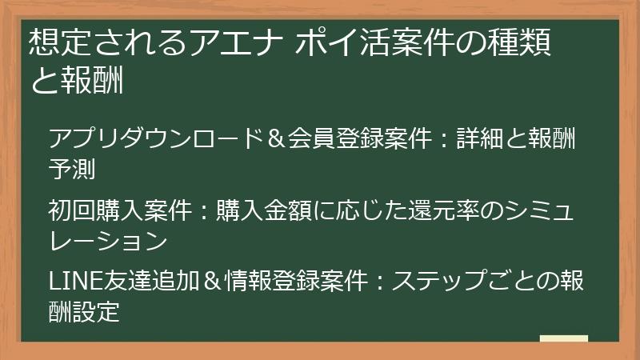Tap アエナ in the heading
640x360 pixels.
click(237, 42)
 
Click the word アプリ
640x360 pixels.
click(84, 138)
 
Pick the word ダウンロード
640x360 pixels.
click(192, 138)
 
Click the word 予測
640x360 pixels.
click(72, 169)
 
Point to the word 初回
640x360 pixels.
click(72, 210)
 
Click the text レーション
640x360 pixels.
click(108, 241)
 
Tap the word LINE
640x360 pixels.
click(76, 282)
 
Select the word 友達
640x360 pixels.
click(127, 282)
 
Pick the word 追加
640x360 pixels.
click(175, 282)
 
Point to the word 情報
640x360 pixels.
click(249, 282)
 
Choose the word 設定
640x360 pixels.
click(96, 311)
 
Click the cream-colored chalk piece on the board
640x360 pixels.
click(564, 338)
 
